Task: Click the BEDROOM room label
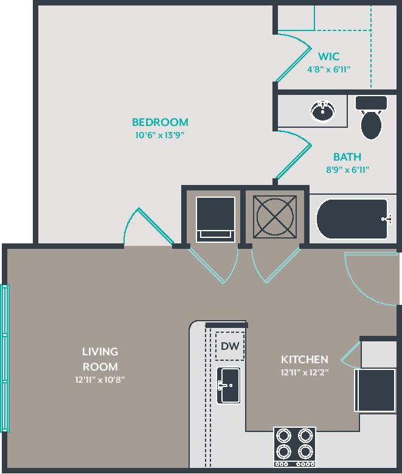[160, 122]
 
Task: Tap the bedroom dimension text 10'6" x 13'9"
[159, 135]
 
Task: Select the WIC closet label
[328, 57]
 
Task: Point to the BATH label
[347, 157]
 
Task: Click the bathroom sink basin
[322, 111]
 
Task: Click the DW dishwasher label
[229, 346]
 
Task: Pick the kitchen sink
[229, 385]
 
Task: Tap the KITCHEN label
[304, 360]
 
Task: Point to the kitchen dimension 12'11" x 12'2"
[304, 373]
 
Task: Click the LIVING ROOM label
[100, 359]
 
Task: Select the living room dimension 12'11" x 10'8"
[100, 380]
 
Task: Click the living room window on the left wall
[5, 358]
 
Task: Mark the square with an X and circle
[276, 215]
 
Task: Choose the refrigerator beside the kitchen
[375, 390]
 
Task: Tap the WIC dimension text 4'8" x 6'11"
[328, 69]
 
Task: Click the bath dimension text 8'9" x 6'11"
[347, 170]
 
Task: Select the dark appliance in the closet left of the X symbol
[215, 218]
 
